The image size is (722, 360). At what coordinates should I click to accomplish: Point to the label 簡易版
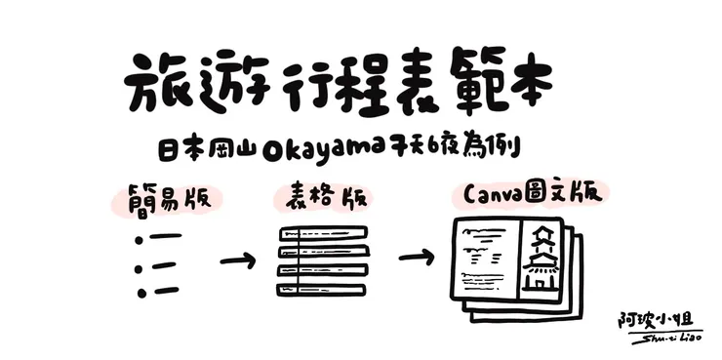(x=161, y=198)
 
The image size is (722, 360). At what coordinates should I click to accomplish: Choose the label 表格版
(x=322, y=198)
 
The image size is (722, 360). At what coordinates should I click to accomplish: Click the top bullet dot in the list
(x=140, y=238)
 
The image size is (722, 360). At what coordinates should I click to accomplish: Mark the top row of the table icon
(x=323, y=233)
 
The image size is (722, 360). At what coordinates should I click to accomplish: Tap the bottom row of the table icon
(x=323, y=288)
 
